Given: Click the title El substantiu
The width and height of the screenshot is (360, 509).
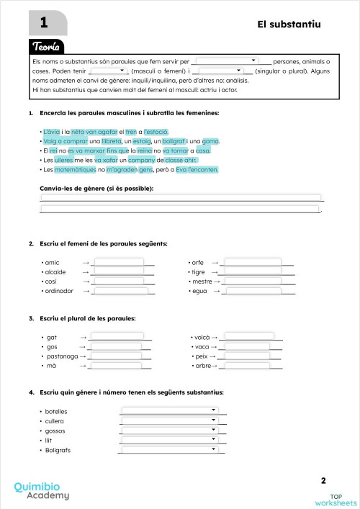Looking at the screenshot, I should click(x=289, y=24).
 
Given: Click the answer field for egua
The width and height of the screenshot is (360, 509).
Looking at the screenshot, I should click(x=253, y=291).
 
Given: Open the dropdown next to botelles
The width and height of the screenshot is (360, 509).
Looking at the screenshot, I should click(x=170, y=410).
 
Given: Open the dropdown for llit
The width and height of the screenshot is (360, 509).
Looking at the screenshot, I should click(x=170, y=440).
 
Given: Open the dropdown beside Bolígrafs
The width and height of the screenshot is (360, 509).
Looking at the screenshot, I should click(x=170, y=450).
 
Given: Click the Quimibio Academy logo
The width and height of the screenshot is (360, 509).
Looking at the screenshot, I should click(x=42, y=491).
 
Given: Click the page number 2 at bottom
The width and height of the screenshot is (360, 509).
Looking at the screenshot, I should click(x=323, y=480).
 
